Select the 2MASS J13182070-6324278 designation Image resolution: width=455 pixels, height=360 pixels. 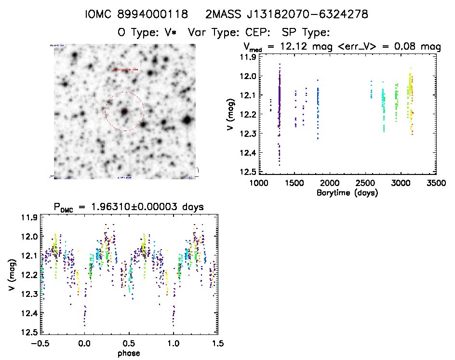coord(287,15)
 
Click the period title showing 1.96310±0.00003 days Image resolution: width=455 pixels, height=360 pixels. coord(129,207)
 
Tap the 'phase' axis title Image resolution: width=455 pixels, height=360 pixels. coord(129,353)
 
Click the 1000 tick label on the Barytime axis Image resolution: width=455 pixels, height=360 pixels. coord(259,183)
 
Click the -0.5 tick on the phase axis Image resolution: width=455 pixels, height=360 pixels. coord(40,344)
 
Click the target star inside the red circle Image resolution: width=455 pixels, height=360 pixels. coord(124,111)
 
